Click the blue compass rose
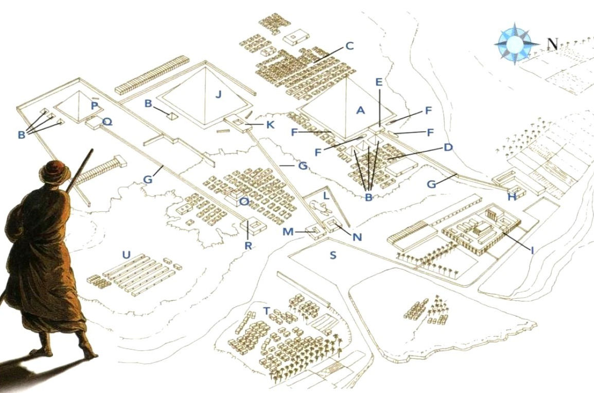[513, 44]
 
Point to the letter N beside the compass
[553, 44]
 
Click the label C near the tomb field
[350, 46]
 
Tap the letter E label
[379, 82]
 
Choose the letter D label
[448, 147]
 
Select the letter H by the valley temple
[511, 197]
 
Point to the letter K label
[270, 125]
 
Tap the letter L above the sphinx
[325, 196]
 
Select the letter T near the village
[266, 311]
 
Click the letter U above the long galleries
[126, 254]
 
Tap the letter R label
[248, 246]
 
